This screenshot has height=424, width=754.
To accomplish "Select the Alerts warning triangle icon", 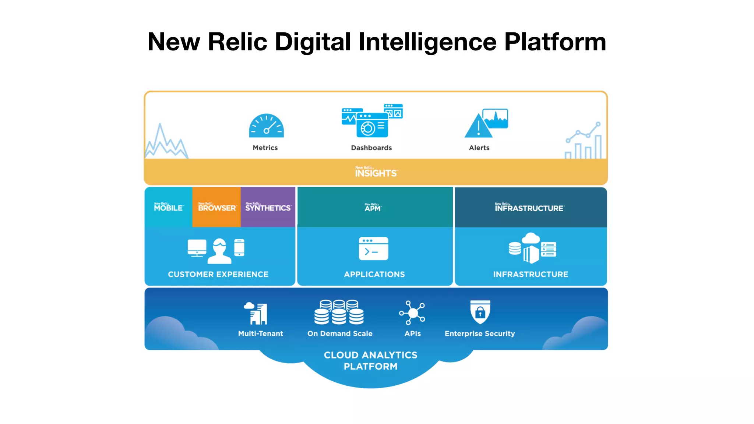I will click(478, 126).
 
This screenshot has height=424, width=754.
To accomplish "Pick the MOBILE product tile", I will click(168, 207).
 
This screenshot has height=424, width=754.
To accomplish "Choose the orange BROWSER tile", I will click(216, 207).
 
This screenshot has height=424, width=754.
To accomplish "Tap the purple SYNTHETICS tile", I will click(268, 207).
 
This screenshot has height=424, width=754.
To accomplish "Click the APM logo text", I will click(373, 208).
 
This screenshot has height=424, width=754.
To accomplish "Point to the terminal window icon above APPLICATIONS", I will click(373, 248).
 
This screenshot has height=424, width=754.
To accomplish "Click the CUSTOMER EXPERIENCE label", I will click(218, 274).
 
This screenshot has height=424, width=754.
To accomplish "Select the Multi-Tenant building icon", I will click(256, 313).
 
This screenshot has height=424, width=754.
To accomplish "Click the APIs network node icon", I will click(412, 313).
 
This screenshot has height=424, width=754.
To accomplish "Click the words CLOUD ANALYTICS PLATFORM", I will click(370, 361).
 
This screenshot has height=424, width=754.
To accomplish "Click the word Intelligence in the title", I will click(427, 42).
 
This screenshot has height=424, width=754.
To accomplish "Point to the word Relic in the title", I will click(237, 42).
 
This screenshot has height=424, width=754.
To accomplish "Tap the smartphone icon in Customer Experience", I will click(239, 247).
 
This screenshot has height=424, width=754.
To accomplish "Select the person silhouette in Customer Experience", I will click(219, 251).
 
